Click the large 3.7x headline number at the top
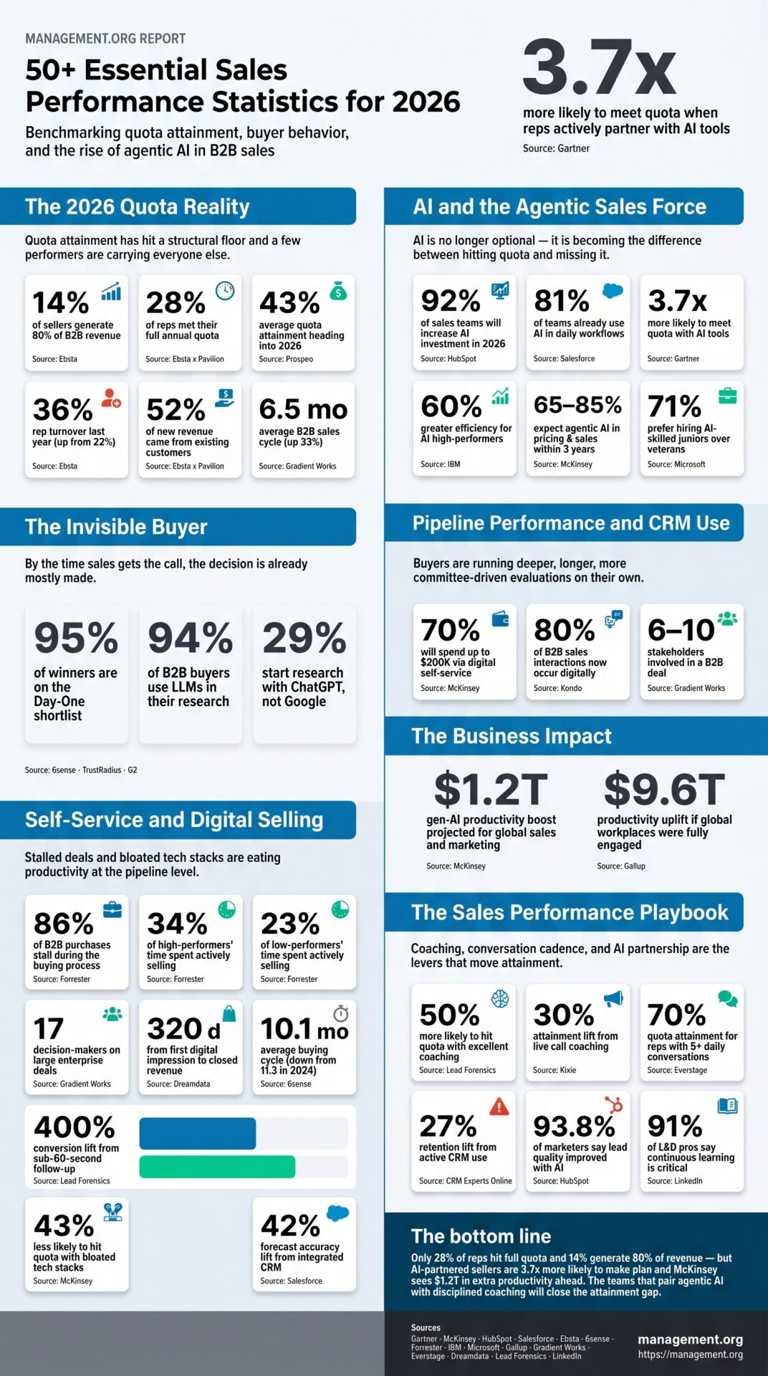click(599, 68)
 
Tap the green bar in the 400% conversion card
click(217, 1167)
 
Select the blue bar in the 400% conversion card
click(197, 1133)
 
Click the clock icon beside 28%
click(225, 290)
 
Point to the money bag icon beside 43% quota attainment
click(338, 291)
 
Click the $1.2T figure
click(491, 790)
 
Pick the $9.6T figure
click(664, 790)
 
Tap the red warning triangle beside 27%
click(499, 1107)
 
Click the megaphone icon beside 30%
click(613, 998)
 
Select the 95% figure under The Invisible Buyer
click(76, 638)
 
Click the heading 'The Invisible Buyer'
click(116, 527)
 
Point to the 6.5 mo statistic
click(303, 409)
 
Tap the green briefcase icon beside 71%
click(727, 396)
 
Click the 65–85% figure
click(577, 405)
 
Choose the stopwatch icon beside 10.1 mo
click(341, 1013)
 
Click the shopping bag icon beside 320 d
click(229, 1013)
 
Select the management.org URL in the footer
click(691, 1354)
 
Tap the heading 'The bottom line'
click(481, 1236)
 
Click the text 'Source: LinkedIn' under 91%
click(675, 1180)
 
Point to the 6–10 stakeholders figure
click(681, 631)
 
